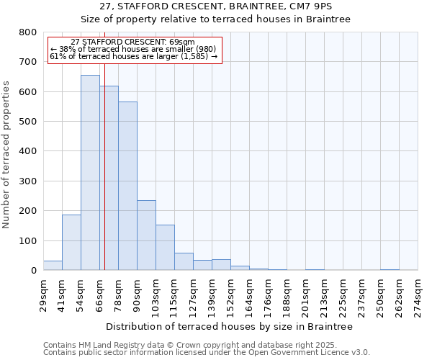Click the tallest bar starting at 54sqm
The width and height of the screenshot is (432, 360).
90,173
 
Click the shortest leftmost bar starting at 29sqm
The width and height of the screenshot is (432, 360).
53,266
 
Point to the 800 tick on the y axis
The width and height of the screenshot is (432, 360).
28,32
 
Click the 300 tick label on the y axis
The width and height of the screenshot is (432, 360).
28,181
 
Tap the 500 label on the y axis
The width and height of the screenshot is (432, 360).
28,122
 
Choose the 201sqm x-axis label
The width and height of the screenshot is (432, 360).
305,294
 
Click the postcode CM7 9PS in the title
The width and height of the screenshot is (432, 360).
309,6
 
